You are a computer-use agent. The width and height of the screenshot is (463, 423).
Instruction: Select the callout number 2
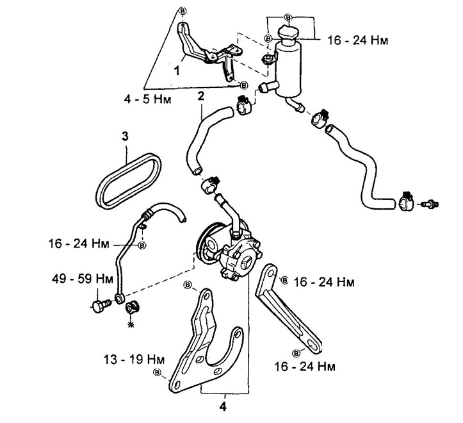[200, 97]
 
